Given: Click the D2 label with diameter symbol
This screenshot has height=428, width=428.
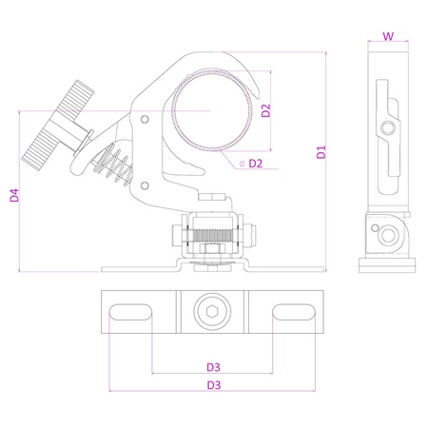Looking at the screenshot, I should tap(252, 165).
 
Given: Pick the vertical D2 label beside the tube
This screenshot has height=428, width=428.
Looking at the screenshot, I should tap(266, 110).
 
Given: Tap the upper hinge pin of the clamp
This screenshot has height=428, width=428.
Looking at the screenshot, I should tap(146, 119).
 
